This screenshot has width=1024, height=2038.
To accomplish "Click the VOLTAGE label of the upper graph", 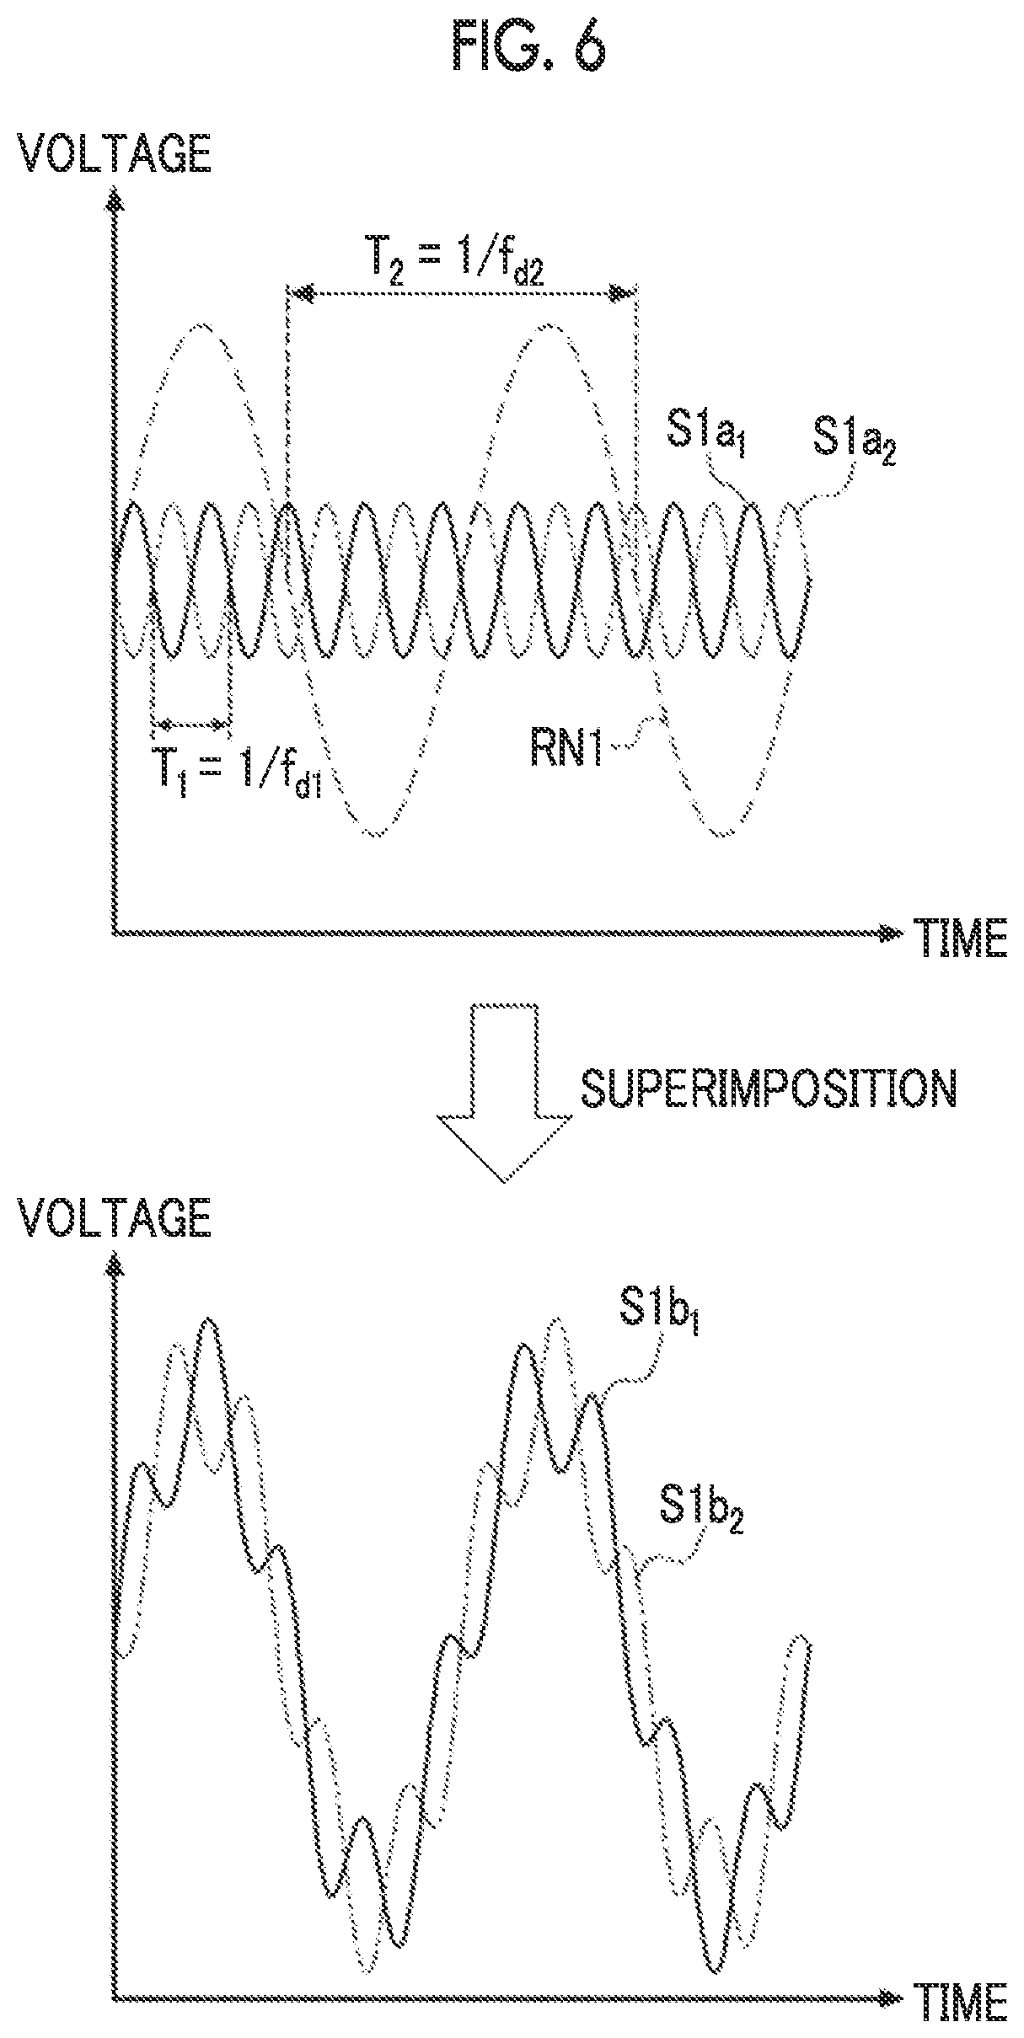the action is [x=116, y=156].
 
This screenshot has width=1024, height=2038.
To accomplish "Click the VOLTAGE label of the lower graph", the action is [x=116, y=1216].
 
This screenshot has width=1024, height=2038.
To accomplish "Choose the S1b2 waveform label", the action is [x=702, y=1510].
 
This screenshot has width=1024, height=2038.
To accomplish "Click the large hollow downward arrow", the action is [x=504, y=1091].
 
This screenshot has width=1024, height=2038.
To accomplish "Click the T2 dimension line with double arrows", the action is [x=462, y=293].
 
